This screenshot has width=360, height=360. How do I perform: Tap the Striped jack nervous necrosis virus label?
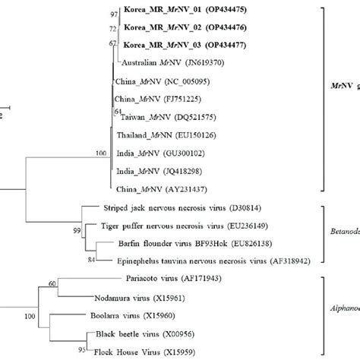click(x=179, y=207)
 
